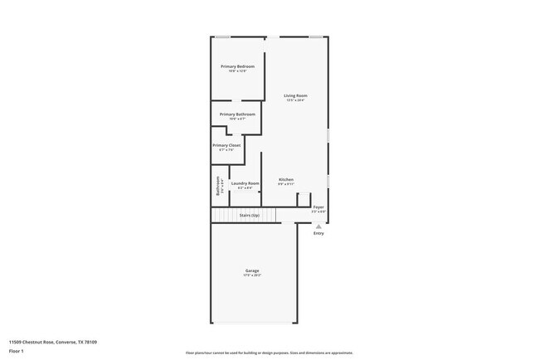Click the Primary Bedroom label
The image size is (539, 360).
(237, 66)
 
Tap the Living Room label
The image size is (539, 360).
(296, 96)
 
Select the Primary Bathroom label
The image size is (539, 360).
(237, 114)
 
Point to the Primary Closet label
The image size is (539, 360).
(226, 145)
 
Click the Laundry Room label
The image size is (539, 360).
(245, 183)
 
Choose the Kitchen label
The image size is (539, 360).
(286, 179)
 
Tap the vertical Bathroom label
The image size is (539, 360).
(218, 186)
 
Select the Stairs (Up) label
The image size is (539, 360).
(250, 216)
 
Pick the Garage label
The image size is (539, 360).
(252, 271)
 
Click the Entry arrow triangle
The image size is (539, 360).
(318, 226)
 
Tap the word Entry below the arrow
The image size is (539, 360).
(318, 233)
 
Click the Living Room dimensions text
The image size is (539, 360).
(296, 101)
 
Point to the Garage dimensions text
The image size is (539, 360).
(252, 276)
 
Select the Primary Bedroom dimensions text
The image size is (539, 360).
(237, 71)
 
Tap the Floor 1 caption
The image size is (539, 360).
(17, 351)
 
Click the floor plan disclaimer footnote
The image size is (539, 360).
(269, 353)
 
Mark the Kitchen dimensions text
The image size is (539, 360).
(286, 184)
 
